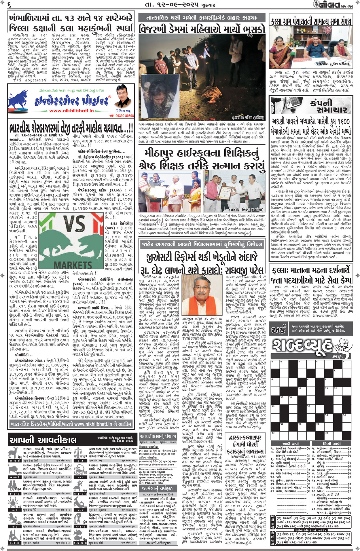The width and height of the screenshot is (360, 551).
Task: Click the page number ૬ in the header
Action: pyautogui.click(x=9, y=5)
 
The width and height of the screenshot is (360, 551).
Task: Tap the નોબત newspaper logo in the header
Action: pyautogui.click(x=329, y=5)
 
